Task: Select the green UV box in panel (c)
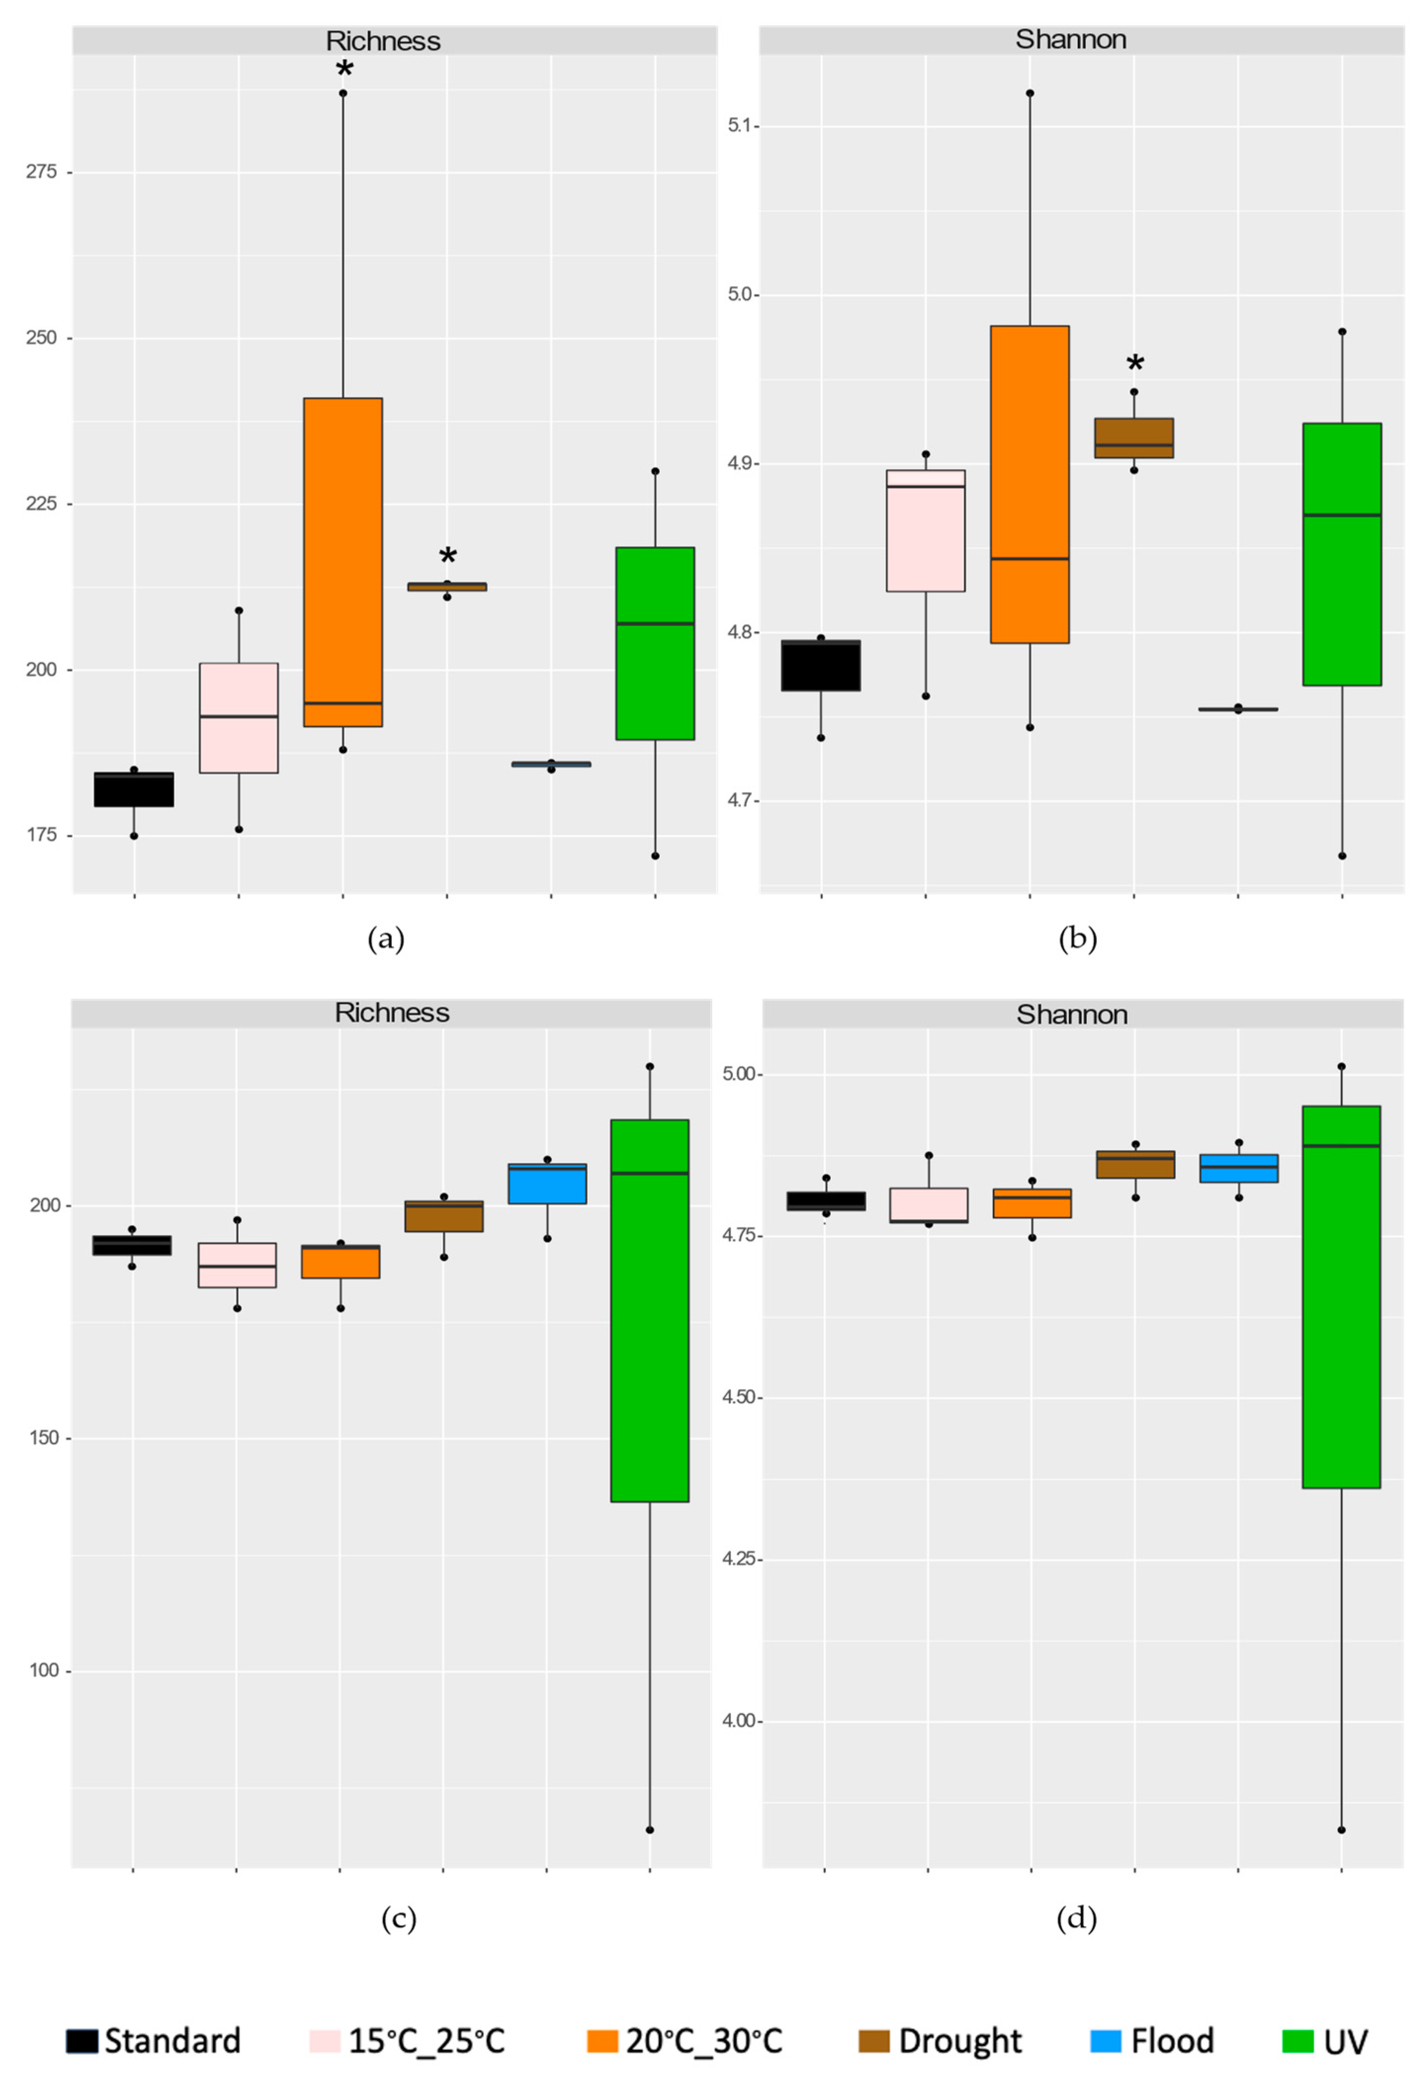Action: point(649,1310)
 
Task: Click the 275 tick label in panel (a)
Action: point(41,171)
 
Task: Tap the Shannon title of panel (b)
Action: point(1071,40)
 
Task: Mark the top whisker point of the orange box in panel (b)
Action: point(1030,93)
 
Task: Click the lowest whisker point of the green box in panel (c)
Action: point(649,1829)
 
